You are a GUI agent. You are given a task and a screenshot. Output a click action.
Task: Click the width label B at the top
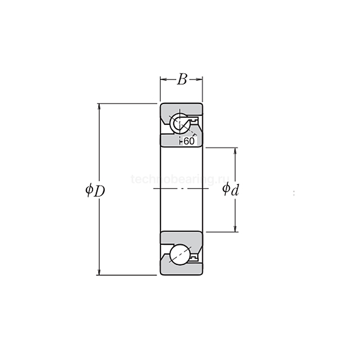click(x=182, y=79)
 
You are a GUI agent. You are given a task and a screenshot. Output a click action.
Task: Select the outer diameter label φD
click(x=95, y=190)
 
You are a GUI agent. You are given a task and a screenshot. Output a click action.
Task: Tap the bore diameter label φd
click(x=230, y=190)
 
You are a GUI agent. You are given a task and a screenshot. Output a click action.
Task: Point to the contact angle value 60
click(x=189, y=141)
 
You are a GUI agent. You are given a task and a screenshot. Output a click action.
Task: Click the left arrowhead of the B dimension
click(x=163, y=79)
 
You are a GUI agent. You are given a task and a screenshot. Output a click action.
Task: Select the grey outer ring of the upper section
click(x=180, y=107)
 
